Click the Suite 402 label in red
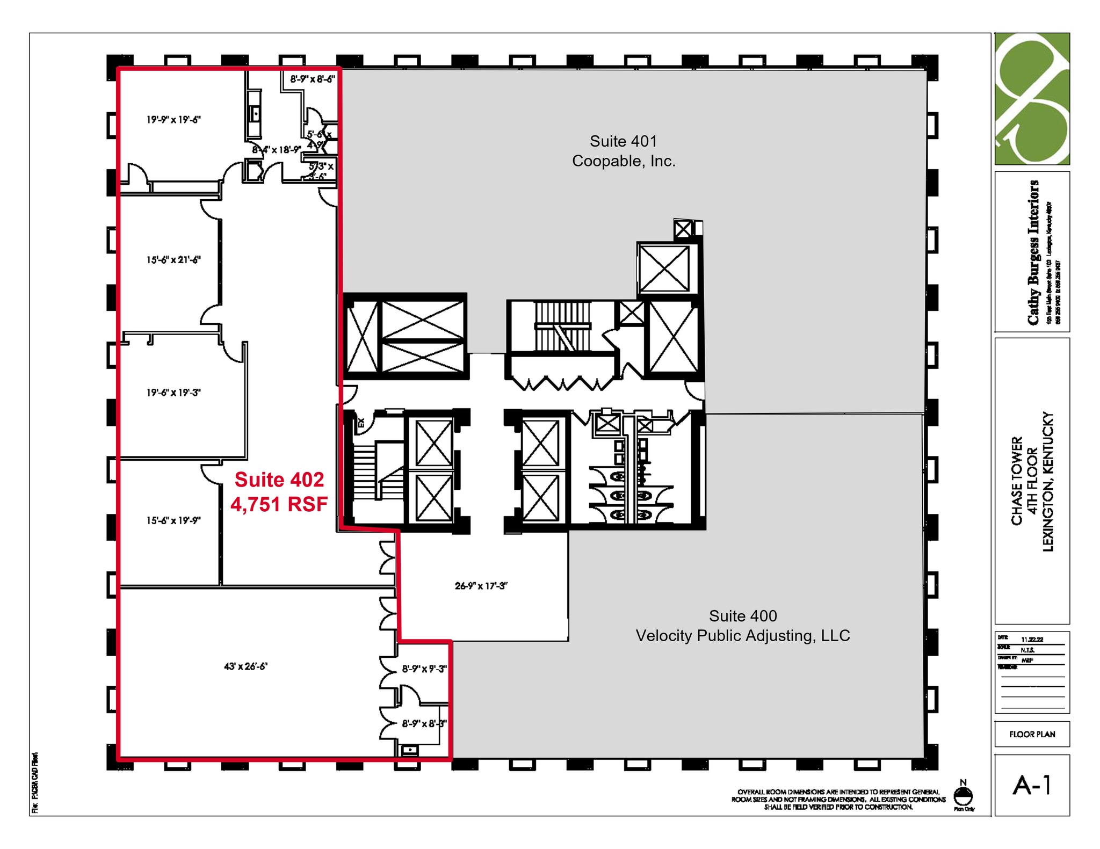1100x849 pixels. [x=279, y=480]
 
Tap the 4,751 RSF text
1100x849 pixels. [x=279, y=504]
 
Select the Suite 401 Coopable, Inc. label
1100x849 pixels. [x=623, y=151]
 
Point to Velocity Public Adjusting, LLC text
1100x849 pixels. [x=742, y=636]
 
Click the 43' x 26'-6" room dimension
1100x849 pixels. [x=245, y=666]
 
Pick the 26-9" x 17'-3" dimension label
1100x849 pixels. [x=481, y=586]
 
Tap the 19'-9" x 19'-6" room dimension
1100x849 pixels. [x=173, y=120]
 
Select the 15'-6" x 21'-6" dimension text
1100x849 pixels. [x=173, y=260]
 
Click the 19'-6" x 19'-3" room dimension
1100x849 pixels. [x=173, y=393]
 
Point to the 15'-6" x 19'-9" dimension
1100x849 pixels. [x=173, y=520]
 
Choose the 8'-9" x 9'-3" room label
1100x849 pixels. [x=424, y=669]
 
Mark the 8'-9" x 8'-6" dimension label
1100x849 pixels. [x=313, y=79]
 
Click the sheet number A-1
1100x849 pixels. [x=1031, y=786]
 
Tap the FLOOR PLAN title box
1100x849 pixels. [x=1032, y=734]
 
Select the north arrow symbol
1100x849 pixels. [x=963, y=795]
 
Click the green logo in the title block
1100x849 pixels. [x=1032, y=99]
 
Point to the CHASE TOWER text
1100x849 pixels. [x=1017, y=481]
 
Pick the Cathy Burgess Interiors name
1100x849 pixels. [x=1033, y=252]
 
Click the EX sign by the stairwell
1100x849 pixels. [x=361, y=423]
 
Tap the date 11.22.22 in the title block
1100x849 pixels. [x=1031, y=640]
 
